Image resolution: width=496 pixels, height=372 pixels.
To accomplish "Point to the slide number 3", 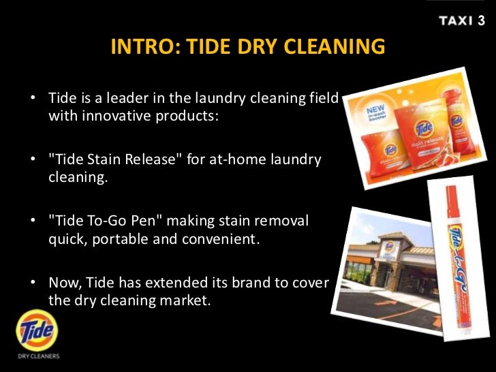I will [482, 20].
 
